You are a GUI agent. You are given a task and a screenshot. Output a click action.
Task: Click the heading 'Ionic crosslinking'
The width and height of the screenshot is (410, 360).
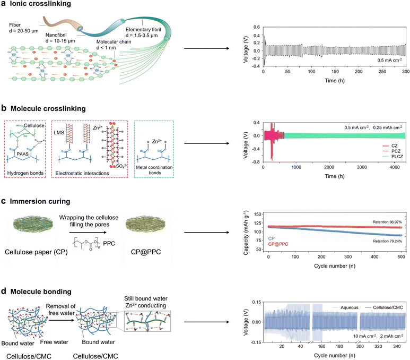(x=36, y=4)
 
